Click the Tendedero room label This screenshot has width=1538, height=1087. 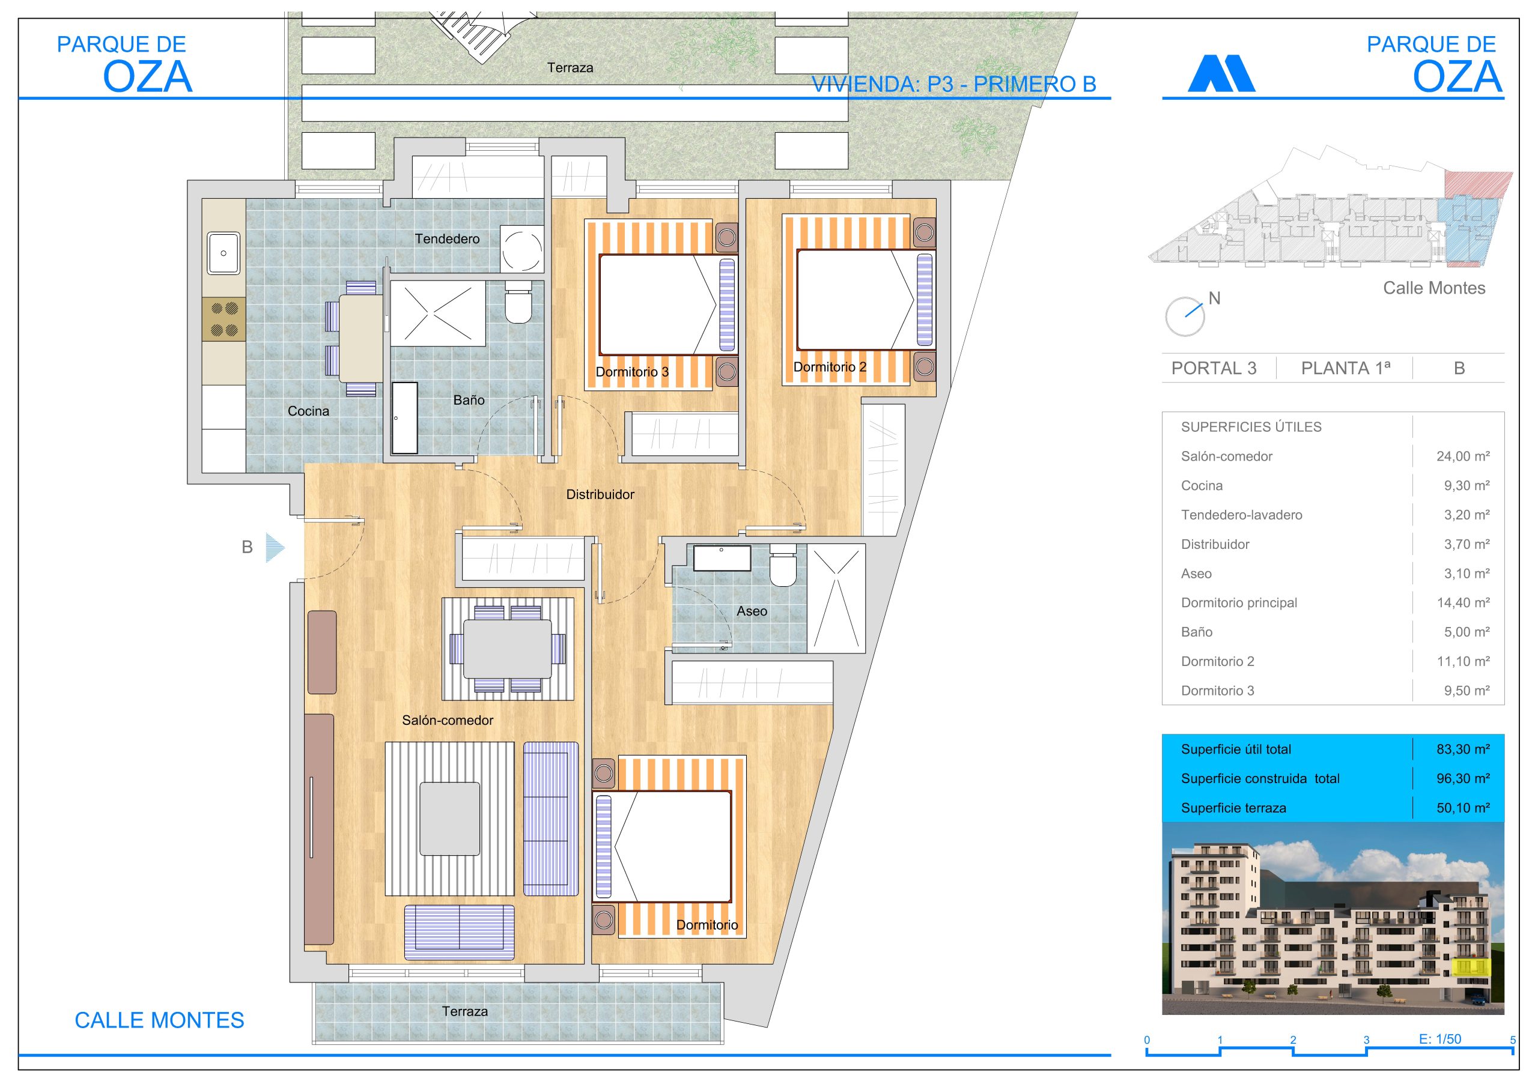point(447,239)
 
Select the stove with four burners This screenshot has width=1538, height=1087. point(223,319)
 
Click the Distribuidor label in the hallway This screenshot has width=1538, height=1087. point(600,494)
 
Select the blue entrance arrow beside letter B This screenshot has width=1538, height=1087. point(275,548)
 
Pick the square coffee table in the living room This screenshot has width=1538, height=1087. point(449,819)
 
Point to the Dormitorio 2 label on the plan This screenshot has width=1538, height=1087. point(829,367)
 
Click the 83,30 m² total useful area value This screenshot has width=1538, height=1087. point(1463,749)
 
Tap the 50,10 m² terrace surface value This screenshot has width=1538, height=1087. point(1463,808)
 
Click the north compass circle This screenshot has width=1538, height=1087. point(1184,316)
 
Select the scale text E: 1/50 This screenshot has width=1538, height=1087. point(1439,1039)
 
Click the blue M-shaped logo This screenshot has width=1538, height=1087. point(1221,73)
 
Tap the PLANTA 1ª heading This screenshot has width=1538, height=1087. point(1345,368)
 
